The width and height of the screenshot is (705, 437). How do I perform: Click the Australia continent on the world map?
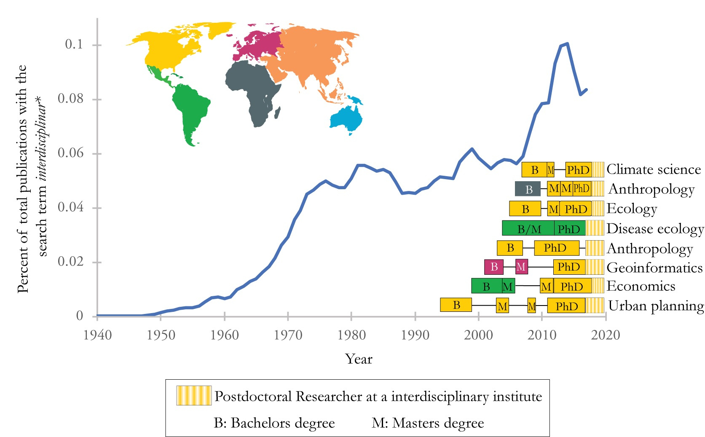pos(346,118)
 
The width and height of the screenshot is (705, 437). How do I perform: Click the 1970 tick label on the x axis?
pos(288,335)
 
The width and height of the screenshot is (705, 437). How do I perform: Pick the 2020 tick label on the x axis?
pos(606,335)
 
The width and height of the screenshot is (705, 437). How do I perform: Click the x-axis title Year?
pos(359,359)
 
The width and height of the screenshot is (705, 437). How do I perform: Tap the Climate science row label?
pos(654,169)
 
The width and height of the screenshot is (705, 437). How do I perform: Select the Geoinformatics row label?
pos(654,268)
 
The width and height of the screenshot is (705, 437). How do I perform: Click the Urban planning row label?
pos(656,306)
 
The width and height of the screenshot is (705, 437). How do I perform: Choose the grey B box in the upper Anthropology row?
pos(528,189)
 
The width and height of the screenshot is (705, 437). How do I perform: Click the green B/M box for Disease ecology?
pos(528,228)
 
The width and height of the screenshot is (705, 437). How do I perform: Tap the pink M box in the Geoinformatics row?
pos(521,267)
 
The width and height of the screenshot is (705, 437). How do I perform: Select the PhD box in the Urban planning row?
pos(566,306)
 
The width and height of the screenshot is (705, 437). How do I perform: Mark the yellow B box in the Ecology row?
pos(525,209)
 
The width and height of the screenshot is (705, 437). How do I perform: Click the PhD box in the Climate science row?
pos(578,169)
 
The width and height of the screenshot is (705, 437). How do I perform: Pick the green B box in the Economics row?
pos(486,286)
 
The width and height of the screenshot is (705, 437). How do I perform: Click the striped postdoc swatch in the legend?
pos(194,396)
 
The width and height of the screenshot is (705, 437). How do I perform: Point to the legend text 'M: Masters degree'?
pos(428,423)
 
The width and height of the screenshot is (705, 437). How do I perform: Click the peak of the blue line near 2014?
pos(567,43)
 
